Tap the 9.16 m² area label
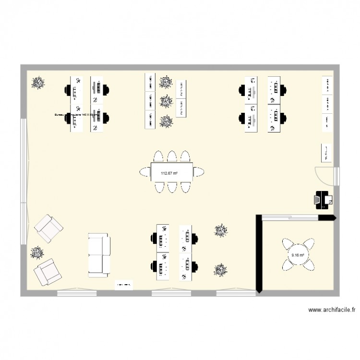(298, 255)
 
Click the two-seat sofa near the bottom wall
(99, 254)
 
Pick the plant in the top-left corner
(38, 83)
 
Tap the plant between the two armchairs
(36, 252)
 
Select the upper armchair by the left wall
(48, 229)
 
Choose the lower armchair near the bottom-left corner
(47, 272)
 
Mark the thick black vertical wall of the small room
(258, 253)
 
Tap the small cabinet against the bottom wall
(123, 285)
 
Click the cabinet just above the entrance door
(325, 152)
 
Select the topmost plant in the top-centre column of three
(166, 82)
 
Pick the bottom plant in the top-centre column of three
(166, 121)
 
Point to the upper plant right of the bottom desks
(221, 230)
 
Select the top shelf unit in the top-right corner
(327, 85)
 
